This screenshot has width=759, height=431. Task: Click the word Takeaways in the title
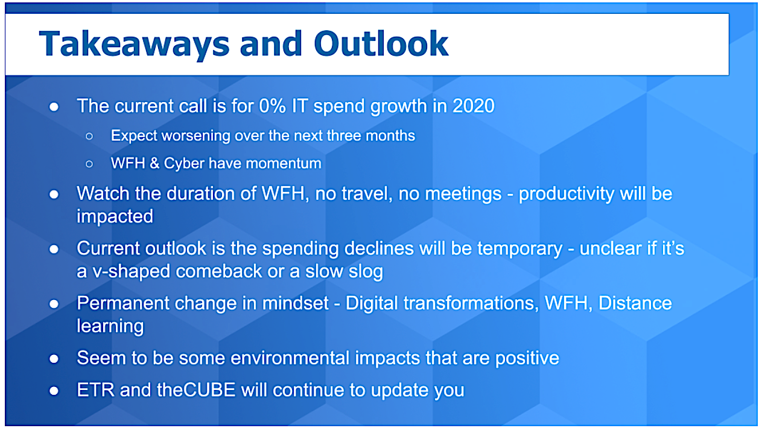135,45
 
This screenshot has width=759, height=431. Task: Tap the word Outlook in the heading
381,43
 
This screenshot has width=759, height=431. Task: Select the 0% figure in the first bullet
272,106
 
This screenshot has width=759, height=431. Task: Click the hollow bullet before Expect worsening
89,136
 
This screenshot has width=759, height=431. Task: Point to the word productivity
566,194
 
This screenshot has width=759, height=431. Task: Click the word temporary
520,249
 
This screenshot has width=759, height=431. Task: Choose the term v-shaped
132,272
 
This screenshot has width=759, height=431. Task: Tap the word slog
366,272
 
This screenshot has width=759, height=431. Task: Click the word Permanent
122,303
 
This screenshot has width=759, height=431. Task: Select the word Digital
372,303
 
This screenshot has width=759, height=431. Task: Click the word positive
527,359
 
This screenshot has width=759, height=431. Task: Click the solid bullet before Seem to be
54,359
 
